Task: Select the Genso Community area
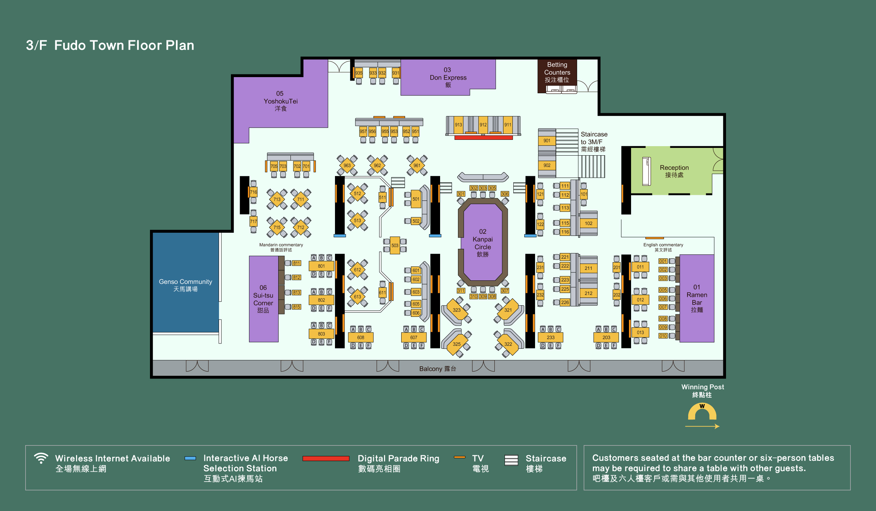pyautogui.click(x=186, y=282)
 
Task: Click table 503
pyautogui.click(x=395, y=246)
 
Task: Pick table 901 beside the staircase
pyautogui.click(x=547, y=141)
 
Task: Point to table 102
pyautogui.click(x=589, y=223)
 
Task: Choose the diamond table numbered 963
pyautogui.click(x=347, y=165)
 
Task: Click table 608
pyautogui.click(x=361, y=338)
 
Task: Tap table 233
pyautogui.click(x=550, y=338)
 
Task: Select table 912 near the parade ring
pyautogui.click(x=483, y=125)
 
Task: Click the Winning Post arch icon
pyautogui.click(x=702, y=412)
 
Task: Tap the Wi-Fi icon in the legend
pyautogui.click(x=41, y=458)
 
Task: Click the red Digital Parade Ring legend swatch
pyautogui.click(x=326, y=458)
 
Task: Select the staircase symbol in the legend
pyautogui.click(x=511, y=460)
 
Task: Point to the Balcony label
pyautogui.click(x=438, y=369)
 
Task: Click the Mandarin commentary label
pyautogui.click(x=281, y=247)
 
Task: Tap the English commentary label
pyautogui.click(x=663, y=247)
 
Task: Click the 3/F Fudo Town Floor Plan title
pyautogui.click(x=110, y=45)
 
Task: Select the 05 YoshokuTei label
pyautogui.click(x=280, y=101)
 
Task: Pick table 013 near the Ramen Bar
pyautogui.click(x=641, y=333)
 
